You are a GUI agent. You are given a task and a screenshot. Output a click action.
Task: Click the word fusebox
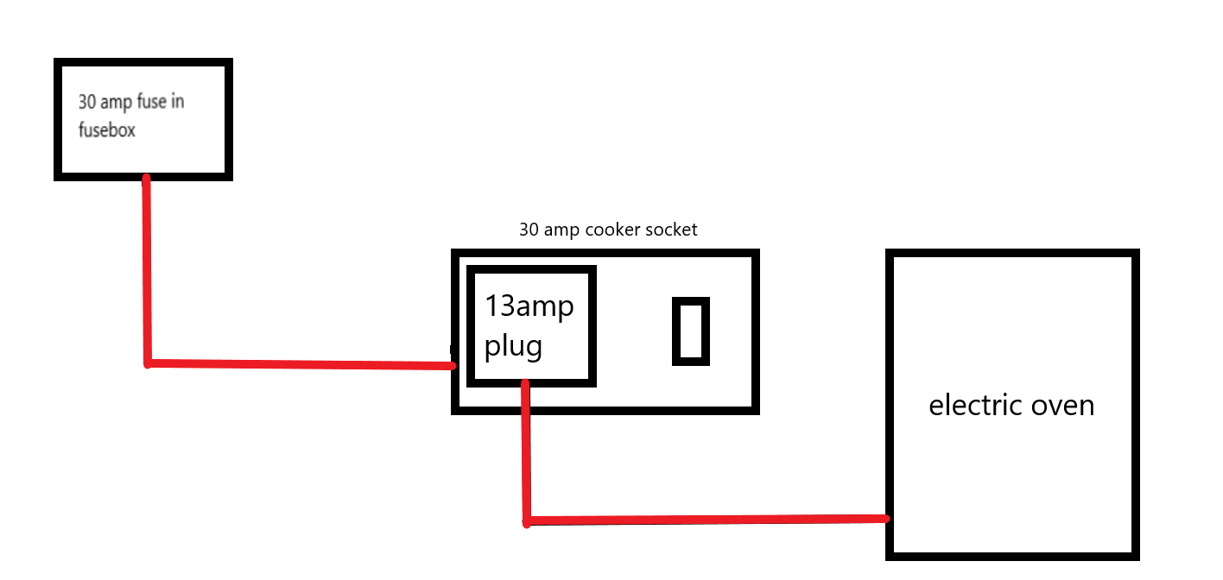click(x=106, y=131)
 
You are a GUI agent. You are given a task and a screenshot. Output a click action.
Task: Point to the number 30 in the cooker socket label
click(x=529, y=230)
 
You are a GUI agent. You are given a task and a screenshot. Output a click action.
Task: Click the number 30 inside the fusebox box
click(x=87, y=102)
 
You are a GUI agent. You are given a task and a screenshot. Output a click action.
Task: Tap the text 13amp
click(x=529, y=306)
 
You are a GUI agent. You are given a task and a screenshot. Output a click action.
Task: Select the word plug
click(x=513, y=346)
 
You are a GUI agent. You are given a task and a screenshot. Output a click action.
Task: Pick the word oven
click(x=1063, y=405)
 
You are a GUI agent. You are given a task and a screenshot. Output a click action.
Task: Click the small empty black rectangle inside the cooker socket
click(x=691, y=331)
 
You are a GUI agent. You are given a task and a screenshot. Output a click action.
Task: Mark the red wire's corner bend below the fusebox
click(x=148, y=362)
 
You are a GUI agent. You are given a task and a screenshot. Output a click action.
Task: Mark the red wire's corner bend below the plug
click(x=527, y=520)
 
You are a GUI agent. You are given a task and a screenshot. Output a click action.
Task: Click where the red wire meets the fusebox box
click(x=146, y=179)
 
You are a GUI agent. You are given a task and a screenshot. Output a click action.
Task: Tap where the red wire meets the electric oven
click(x=886, y=519)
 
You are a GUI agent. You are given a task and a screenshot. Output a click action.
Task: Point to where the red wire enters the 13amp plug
click(x=525, y=383)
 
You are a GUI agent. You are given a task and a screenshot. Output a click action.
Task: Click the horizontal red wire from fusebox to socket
click(x=302, y=364)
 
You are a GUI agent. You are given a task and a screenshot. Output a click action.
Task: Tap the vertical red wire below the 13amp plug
click(x=526, y=453)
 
